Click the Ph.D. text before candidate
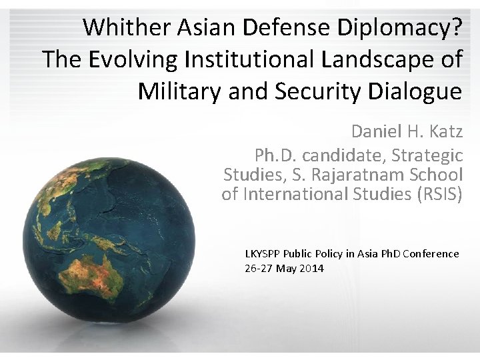coord(276,155)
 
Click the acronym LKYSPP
coord(263,253)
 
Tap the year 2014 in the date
coord(312,268)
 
